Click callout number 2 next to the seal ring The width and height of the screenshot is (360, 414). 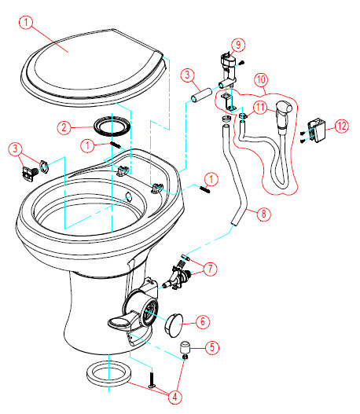pos(64,128)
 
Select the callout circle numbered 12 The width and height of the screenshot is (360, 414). pos(342,126)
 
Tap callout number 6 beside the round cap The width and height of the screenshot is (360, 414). pos(203,321)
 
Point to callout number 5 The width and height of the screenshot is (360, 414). pos(212,347)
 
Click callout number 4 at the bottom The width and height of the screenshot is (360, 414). pos(174,397)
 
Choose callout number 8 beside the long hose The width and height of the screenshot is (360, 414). pos(263,214)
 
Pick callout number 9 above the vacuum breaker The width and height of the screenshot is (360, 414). pos(238,45)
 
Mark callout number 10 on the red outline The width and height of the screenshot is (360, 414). pos(261,80)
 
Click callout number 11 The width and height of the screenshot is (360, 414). pos(260,108)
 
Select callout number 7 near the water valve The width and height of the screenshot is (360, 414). pos(210,269)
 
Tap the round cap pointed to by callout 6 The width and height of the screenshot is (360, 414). pos(174,325)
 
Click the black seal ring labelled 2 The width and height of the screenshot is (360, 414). pos(112,126)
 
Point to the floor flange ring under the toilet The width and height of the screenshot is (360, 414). pos(108,374)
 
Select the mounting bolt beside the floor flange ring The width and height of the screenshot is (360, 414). pos(152,379)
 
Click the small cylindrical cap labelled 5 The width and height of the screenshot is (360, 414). pos(186,348)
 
